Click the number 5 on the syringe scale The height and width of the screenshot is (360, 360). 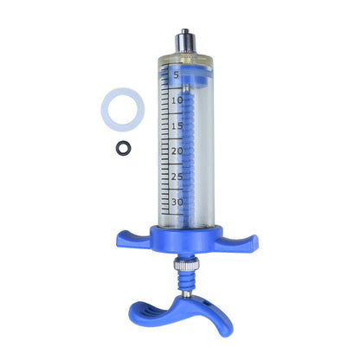pos(176,75)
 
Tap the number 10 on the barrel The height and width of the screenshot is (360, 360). pos(177,100)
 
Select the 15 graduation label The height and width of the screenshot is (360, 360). pos(177,125)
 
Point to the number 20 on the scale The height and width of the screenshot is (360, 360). pos(177,151)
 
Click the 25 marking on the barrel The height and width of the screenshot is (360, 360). pos(177,177)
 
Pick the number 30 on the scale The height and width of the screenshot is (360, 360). pos(177,202)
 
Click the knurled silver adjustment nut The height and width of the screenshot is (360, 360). pos(187,264)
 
